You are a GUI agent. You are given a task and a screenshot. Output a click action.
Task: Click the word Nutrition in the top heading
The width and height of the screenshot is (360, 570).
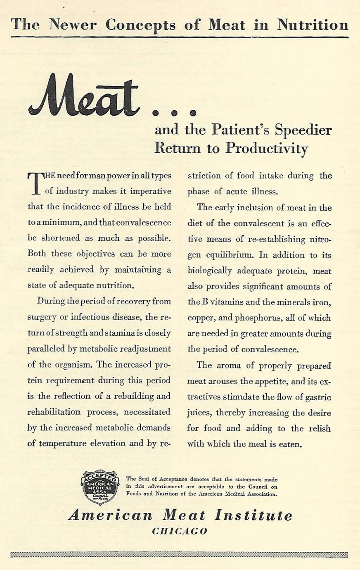tap(313, 25)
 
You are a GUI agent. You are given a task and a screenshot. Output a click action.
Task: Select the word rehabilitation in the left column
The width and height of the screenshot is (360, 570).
tap(54, 412)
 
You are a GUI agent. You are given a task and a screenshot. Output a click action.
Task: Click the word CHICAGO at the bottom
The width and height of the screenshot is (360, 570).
tap(180, 531)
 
